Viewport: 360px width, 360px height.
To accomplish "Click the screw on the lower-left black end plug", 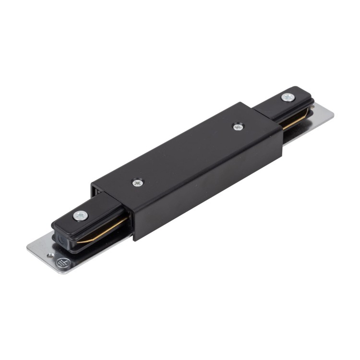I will coord(80,215).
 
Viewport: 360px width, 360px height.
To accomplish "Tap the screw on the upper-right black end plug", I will coord(288,97).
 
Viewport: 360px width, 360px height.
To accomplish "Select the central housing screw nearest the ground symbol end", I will coord(137,182).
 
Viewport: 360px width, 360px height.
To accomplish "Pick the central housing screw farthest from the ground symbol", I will coord(238,127).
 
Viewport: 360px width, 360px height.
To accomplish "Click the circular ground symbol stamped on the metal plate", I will coord(61,263).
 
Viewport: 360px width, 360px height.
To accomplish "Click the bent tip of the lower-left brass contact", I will coord(80,241).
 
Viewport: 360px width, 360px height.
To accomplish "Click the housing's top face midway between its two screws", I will coord(187,155).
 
